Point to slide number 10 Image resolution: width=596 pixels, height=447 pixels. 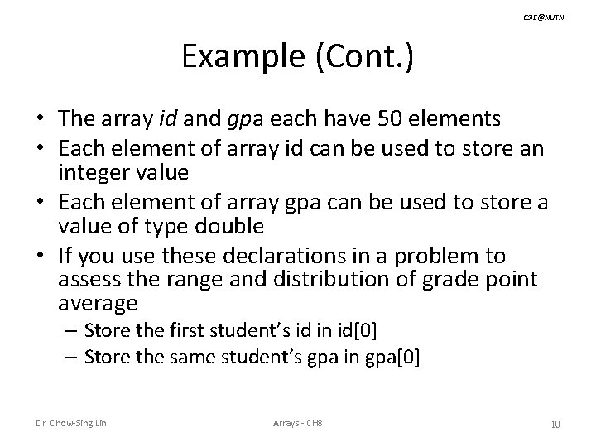[x=555, y=425]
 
